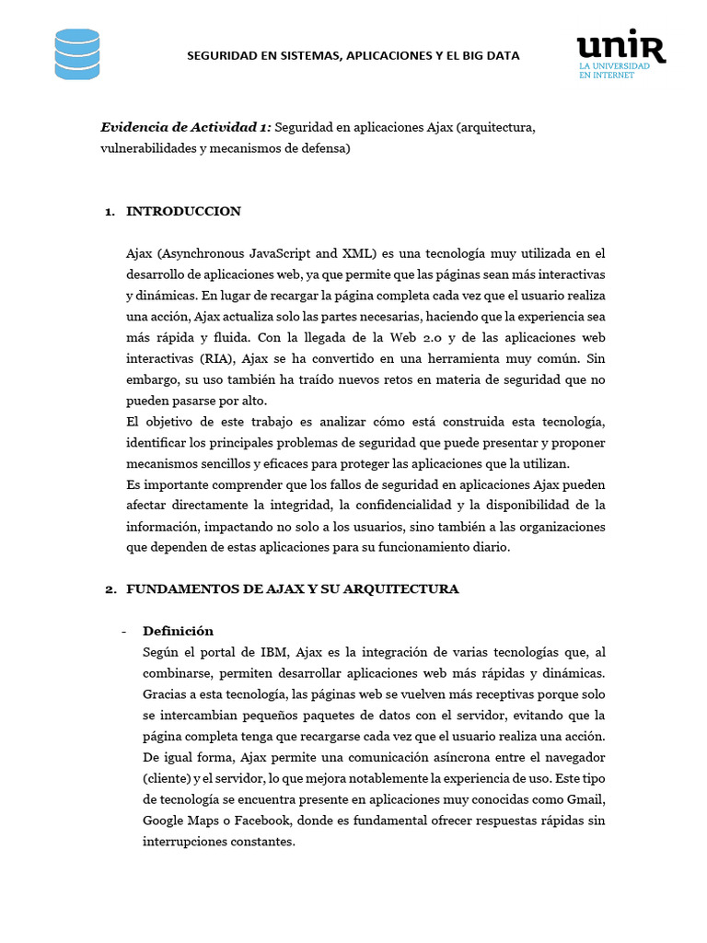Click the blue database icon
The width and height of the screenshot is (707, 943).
(x=77, y=53)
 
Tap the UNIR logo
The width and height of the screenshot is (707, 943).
(x=620, y=47)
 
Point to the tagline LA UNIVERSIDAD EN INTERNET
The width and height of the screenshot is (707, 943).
(x=614, y=71)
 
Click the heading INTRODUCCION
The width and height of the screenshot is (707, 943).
(x=183, y=211)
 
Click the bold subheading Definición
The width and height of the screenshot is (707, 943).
(x=178, y=631)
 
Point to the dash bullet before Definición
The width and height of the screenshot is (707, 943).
(x=124, y=631)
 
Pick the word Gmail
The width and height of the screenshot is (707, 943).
(x=585, y=798)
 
